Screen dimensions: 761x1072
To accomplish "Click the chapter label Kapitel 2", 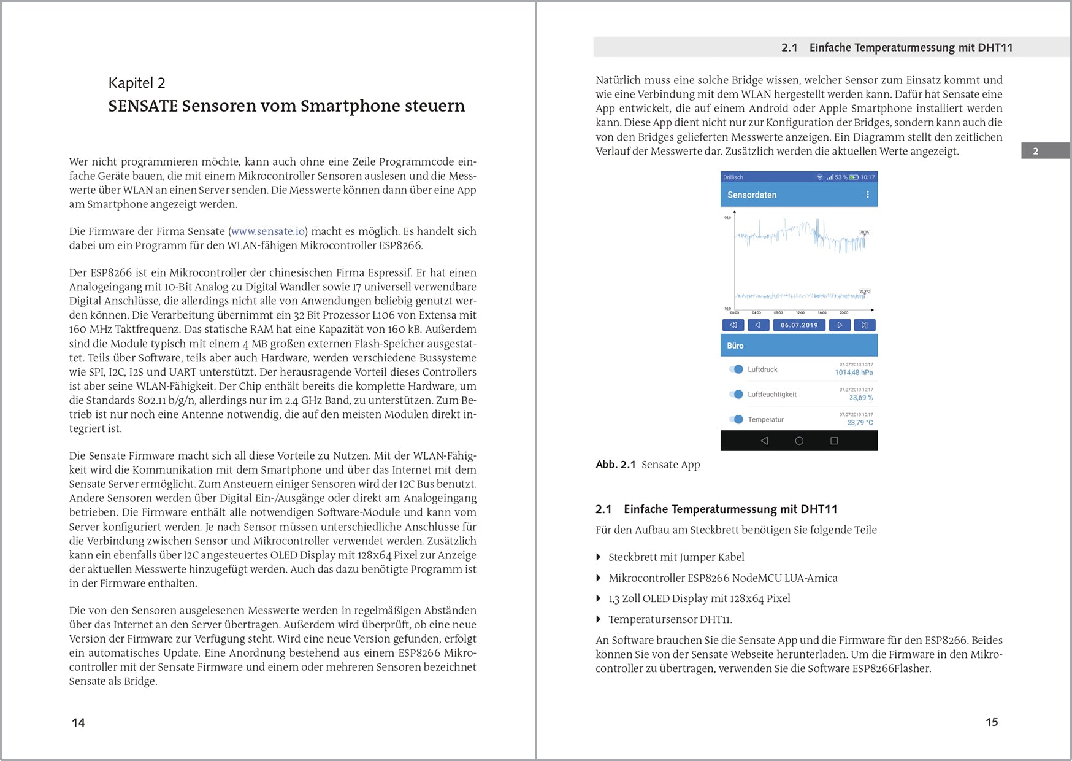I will (x=137, y=83).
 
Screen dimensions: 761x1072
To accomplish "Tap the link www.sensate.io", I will (x=268, y=231).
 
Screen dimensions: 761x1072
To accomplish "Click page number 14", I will (x=78, y=722).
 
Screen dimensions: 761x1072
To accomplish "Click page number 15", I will (x=992, y=722).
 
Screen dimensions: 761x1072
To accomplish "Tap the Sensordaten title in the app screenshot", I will (x=752, y=195).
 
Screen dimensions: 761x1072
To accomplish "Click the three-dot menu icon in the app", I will (x=867, y=195).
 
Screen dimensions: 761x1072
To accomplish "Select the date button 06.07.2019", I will (x=798, y=325).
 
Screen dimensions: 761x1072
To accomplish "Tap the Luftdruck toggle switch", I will (x=736, y=369).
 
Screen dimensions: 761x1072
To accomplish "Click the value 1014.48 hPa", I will (x=854, y=373).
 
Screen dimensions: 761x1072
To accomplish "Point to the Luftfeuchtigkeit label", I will (x=771, y=395).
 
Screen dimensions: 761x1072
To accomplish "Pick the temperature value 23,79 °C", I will (x=860, y=423).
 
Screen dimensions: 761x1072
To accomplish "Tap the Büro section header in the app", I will (x=735, y=346).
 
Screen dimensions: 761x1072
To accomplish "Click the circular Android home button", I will (x=799, y=441).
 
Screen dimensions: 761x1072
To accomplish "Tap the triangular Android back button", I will (x=764, y=441).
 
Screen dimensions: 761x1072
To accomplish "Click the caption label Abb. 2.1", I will (x=615, y=465).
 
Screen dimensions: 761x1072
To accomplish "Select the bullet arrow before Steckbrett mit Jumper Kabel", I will (x=599, y=557).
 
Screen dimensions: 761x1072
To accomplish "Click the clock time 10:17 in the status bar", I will (x=867, y=177).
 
